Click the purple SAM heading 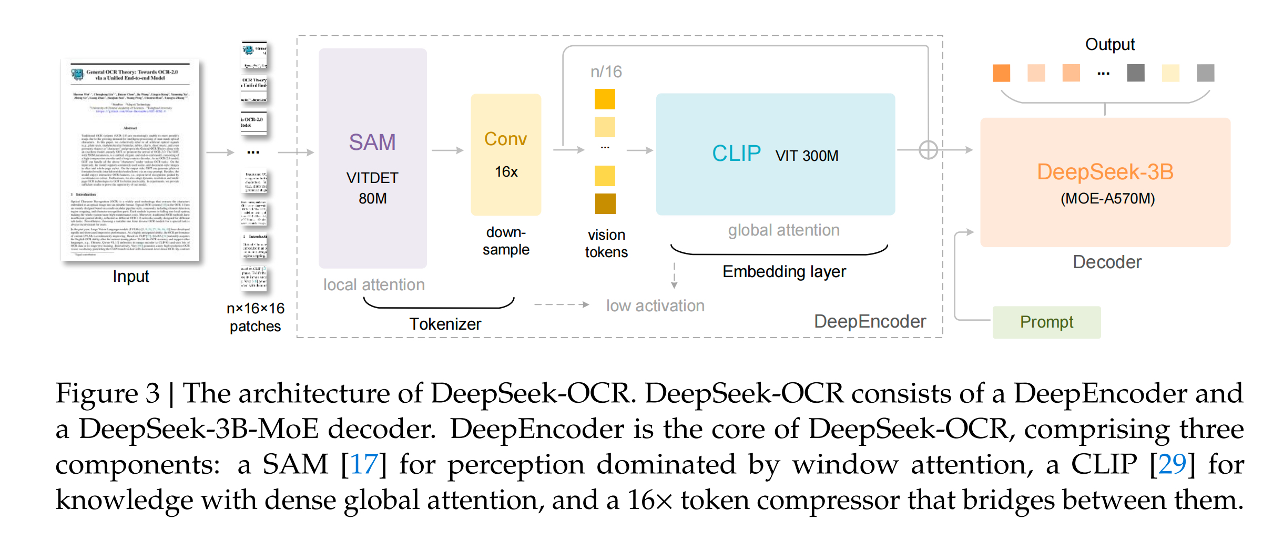372,142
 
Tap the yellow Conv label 505,139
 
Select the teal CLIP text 736,154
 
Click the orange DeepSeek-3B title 1105,172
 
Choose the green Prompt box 1046,322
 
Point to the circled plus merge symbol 928,150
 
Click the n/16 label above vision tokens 606,72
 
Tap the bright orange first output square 1001,73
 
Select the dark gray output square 1136,73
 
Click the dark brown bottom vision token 605,203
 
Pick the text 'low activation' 655,305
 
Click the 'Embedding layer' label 784,271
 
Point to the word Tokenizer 445,324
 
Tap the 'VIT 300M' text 807,156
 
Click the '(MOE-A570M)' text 1107,199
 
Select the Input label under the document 130,276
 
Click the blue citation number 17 363,464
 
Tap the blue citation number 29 1172,464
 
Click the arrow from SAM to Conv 447,150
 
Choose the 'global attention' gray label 783,230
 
